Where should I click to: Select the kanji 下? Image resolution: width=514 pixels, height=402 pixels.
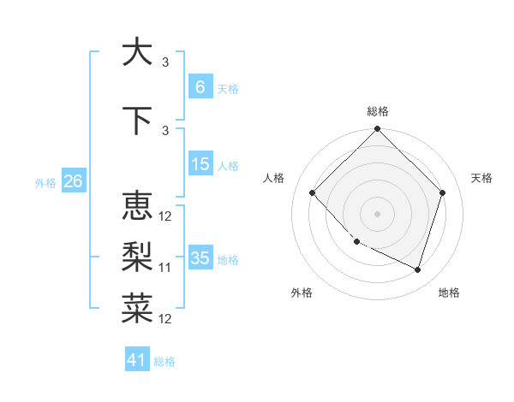point(136,119)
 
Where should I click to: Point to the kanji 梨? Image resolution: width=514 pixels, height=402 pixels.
point(136,257)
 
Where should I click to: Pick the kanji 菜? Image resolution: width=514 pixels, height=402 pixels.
point(136,308)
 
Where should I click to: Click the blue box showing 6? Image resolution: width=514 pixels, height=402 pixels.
point(200,87)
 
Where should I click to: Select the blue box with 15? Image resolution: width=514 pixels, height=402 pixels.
point(200,164)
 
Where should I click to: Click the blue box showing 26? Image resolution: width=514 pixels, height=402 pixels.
point(73,181)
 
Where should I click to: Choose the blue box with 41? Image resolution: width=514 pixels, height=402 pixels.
point(137,360)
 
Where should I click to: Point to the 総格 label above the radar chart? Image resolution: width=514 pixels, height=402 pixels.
point(377,111)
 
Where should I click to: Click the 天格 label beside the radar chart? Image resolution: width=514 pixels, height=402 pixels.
point(481,178)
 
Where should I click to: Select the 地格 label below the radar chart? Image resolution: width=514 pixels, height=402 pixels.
point(449,293)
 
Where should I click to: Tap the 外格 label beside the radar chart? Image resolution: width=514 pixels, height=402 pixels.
point(302,293)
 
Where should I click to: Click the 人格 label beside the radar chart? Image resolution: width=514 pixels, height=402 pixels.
point(273,178)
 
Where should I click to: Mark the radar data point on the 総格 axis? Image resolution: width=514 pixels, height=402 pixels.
point(377,130)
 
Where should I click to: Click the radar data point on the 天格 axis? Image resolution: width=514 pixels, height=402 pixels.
point(443,192)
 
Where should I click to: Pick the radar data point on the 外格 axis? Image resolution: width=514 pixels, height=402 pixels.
point(356,242)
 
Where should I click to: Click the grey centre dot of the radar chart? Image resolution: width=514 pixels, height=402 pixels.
point(377,214)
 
